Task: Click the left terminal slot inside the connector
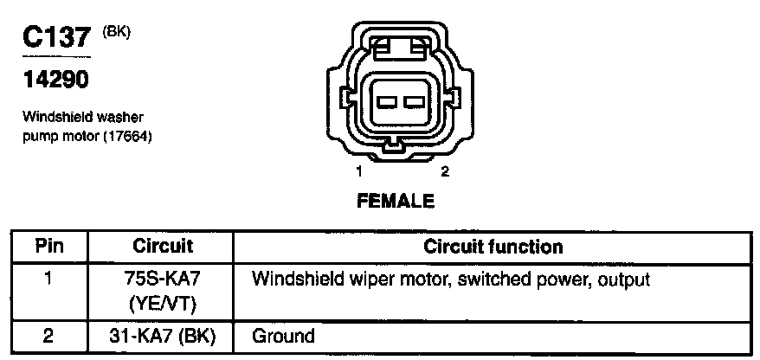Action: (x=386, y=102)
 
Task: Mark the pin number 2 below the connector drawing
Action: (x=445, y=171)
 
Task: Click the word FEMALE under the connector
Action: (x=396, y=201)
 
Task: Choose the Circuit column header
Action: (x=163, y=246)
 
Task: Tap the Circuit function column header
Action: (x=493, y=246)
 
